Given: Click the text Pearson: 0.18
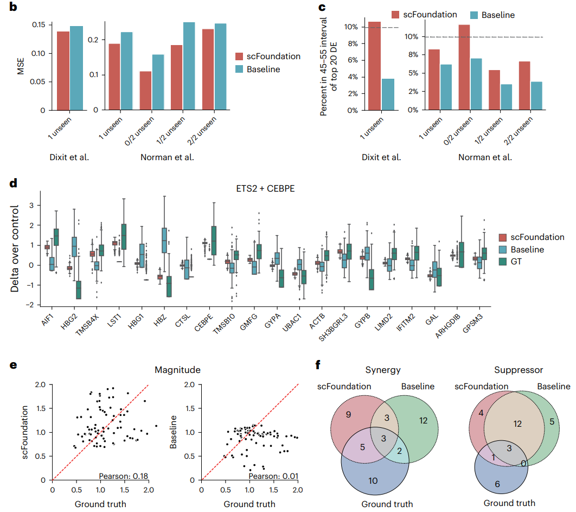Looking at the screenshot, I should pos(124,477).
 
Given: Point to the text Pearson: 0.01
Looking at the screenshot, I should pos(273,477).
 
